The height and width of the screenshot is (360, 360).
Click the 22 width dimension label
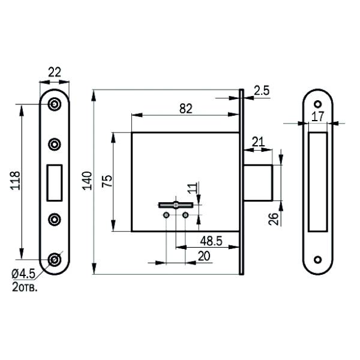click(x=55, y=73)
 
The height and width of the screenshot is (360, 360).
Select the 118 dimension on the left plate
click(x=16, y=181)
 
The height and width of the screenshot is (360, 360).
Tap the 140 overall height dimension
click(x=87, y=181)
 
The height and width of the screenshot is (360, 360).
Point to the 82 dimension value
click(x=186, y=109)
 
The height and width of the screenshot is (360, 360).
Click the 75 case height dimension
click(x=107, y=181)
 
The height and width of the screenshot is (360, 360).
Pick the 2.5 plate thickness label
click(x=262, y=91)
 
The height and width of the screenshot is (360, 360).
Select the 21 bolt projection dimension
click(x=258, y=142)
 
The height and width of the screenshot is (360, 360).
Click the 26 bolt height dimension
click(x=273, y=219)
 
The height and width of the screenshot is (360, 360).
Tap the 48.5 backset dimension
click(x=211, y=241)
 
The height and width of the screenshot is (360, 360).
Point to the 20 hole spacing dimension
click(x=204, y=256)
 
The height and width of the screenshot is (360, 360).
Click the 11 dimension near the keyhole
click(x=193, y=188)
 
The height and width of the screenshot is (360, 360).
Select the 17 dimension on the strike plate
click(x=318, y=116)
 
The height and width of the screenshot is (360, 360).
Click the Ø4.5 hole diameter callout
click(x=23, y=274)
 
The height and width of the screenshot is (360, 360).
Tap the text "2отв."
click(x=25, y=287)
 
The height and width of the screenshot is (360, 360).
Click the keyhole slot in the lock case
click(x=176, y=205)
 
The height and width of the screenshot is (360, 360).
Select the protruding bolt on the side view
click(x=258, y=183)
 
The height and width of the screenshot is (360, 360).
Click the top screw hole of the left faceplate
click(x=55, y=104)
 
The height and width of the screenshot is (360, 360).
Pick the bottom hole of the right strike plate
click(x=318, y=260)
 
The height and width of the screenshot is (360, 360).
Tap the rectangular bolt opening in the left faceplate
click(x=55, y=183)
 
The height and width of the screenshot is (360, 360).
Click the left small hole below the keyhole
click(x=166, y=215)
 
